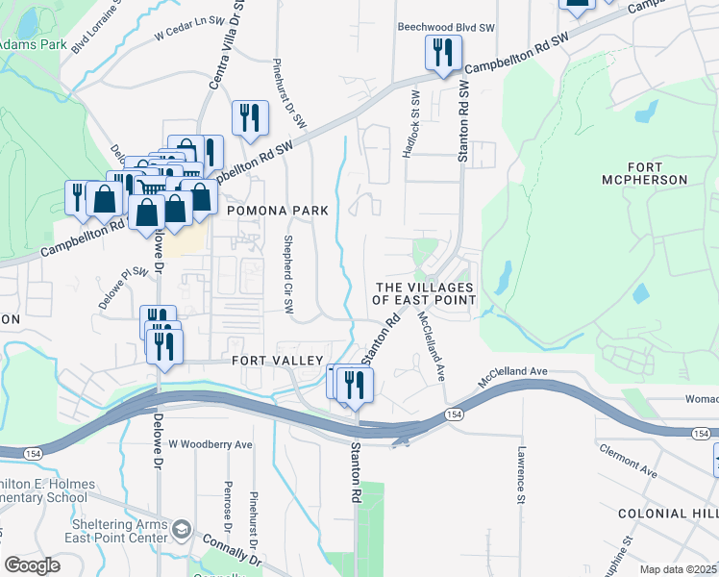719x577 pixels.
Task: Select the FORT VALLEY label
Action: click(x=277, y=360)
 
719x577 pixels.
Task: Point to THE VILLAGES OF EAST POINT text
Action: click(x=424, y=293)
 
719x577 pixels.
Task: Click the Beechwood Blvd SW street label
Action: click(x=444, y=27)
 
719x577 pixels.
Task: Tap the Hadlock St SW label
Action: click(x=416, y=124)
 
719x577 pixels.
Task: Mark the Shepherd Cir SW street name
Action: click(x=287, y=274)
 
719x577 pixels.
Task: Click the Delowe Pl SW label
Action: click(x=125, y=287)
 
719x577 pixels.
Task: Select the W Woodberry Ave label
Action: click(x=210, y=444)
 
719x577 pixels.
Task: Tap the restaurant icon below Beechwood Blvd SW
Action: click(x=443, y=53)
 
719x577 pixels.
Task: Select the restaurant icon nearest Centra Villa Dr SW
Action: click(x=249, y=118)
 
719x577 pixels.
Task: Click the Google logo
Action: click(x=32, y=564)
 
